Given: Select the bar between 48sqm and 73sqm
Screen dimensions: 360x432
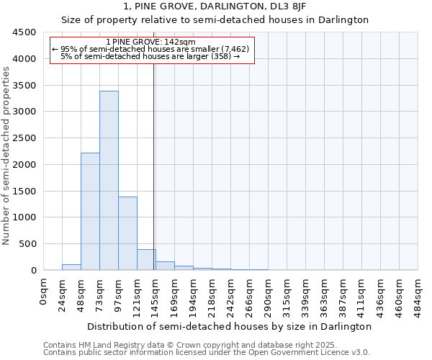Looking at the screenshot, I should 90,212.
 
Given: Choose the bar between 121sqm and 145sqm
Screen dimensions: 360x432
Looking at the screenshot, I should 146,260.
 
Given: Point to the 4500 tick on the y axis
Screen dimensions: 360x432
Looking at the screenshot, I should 24,32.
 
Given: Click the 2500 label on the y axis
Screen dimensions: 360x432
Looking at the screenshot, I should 24,138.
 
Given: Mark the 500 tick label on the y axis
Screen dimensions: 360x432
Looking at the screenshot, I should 27,244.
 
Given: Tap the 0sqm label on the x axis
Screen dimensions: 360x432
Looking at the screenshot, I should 44,292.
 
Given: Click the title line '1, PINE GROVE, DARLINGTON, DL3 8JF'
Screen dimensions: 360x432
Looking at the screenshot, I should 215,6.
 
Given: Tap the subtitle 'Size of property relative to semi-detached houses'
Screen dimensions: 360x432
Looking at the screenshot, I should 215,20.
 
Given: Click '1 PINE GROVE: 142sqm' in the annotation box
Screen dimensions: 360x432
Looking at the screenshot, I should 150,42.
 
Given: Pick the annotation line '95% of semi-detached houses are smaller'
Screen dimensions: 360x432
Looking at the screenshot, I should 150,49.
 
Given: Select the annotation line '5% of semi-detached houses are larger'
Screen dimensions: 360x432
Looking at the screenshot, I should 150,56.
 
